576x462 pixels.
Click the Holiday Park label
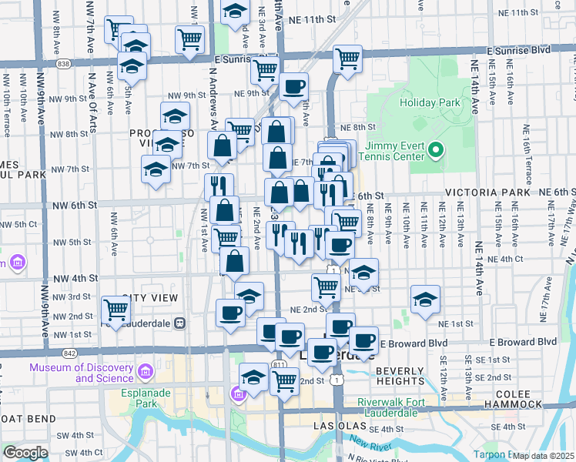(x=429, y=102)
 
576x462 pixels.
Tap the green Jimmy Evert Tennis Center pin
(x=436, y=149)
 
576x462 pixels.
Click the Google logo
(x=25, y=453)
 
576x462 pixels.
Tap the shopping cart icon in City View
(x=116, y=310)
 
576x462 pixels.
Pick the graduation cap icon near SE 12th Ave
(x=424, y=300)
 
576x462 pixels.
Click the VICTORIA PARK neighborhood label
(x=487, y=192)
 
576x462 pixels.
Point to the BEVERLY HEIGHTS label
(x=407, y=371)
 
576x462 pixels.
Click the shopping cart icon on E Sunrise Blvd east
(x=348, y=58)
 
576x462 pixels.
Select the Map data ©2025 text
(x=543, y=456)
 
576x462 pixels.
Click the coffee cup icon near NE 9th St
(x=293, y=87)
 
